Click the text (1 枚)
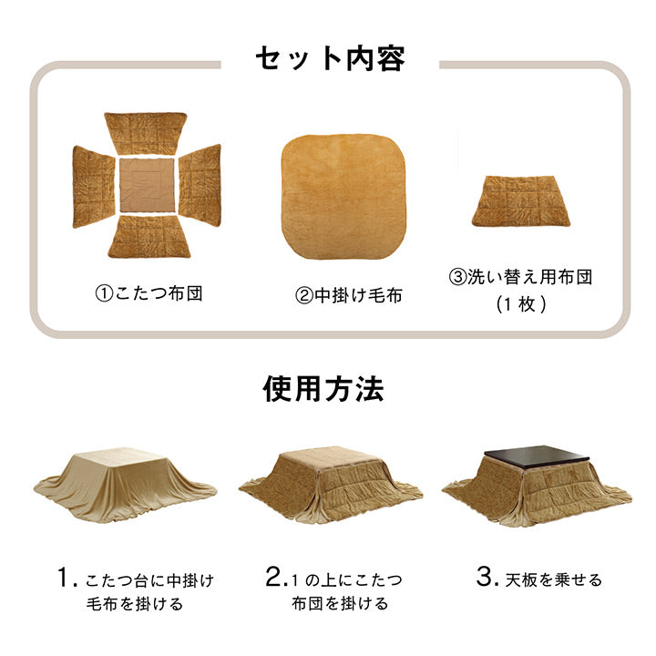520,305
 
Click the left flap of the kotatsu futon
94,186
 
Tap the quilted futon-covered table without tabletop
330,483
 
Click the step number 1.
63,578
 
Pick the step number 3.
487,578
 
